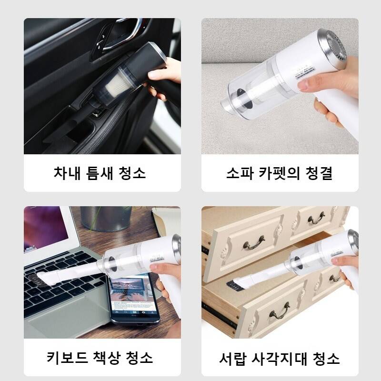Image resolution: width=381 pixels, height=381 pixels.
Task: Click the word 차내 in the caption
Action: pos(67,173)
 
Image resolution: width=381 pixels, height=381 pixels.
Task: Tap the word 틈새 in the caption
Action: pos(100,173)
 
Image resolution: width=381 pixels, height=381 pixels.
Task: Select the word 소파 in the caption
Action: pos(240,173)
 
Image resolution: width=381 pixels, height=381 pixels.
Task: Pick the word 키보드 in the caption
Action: pos(67,358)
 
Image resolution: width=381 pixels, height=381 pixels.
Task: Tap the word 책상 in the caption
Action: pos(107,358)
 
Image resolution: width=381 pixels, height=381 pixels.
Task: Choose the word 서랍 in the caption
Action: pos(232,359)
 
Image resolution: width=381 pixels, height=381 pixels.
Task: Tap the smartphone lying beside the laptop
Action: pos(133,300)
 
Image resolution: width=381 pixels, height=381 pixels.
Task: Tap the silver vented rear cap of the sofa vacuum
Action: pos(333,49)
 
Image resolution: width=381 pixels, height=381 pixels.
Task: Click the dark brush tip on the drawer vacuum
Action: pos(234,286)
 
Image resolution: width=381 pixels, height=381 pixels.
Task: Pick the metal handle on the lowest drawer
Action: pos(280,312)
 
